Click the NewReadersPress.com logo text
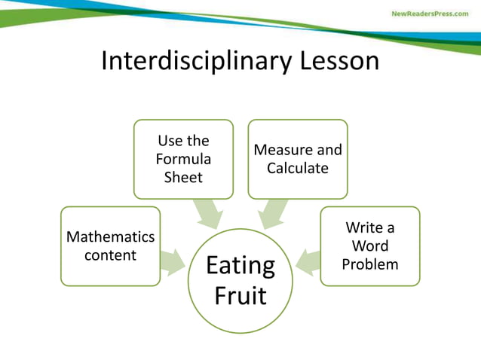(429, 14)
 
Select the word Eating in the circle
(240, 267)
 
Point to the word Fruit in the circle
(240, 294)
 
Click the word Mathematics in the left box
(111, 237)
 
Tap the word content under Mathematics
(111, 255)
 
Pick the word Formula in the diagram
(183, 160)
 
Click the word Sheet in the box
(183, 178)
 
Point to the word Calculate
(298, 168)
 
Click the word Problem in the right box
(370, 264)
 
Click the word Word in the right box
(370, 246)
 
